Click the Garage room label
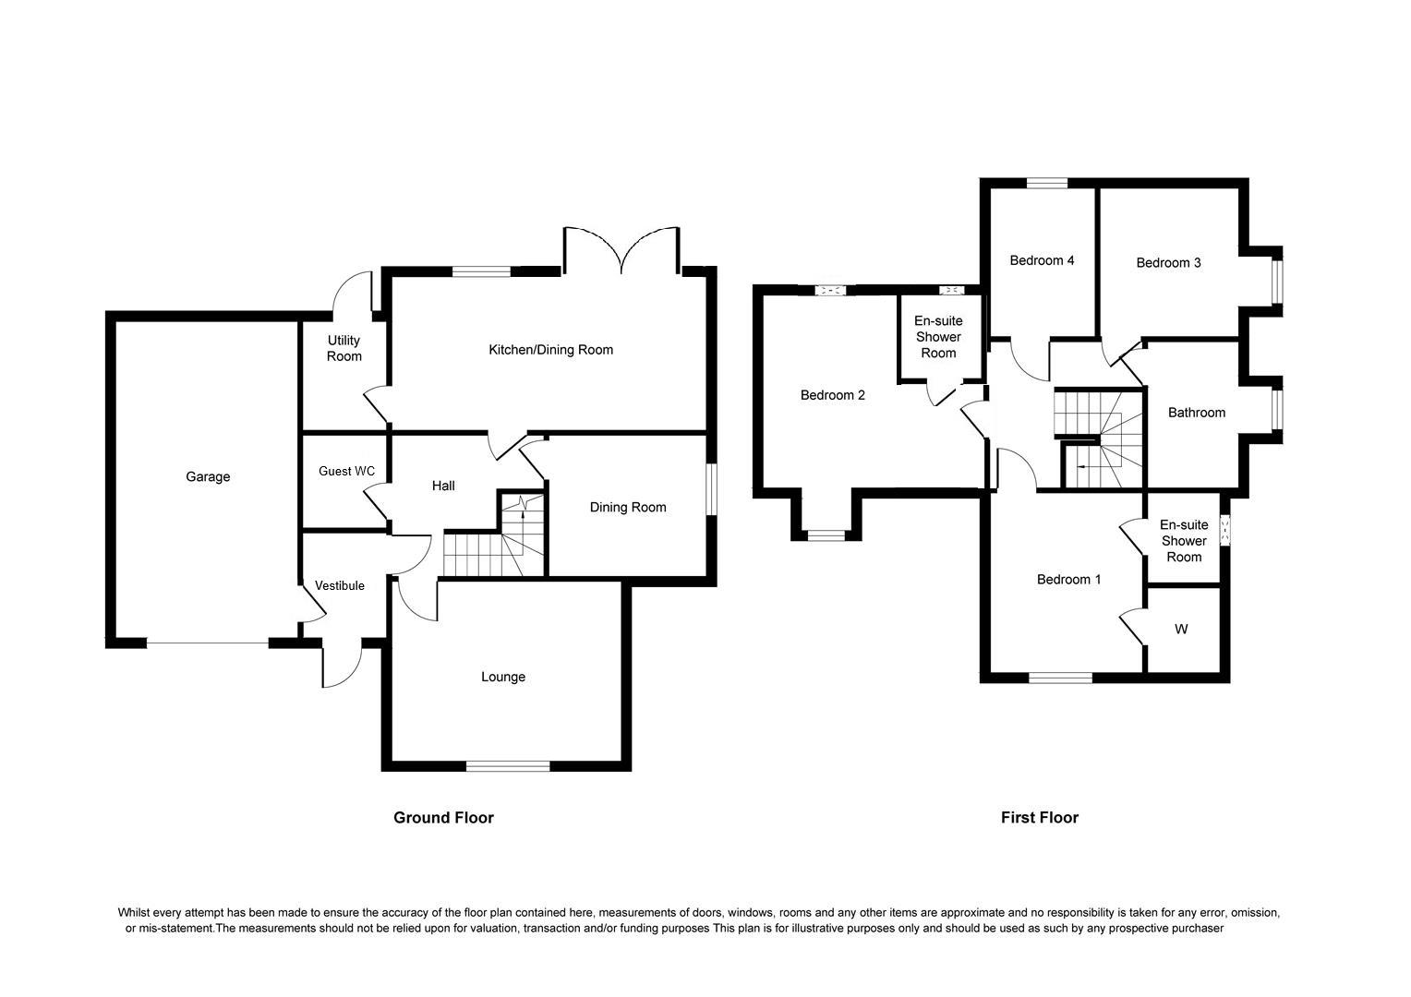click(x=208, y=477)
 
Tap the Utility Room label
click(x=344, y=349)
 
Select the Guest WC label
click(x=346, y=472)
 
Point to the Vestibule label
click(x=340, y=586)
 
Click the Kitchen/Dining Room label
click(x=550, y=350)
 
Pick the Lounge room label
click(x=503, y=678)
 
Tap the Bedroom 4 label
click(x=1042, y=261)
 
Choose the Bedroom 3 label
click(x=1168, y=263)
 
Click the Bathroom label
click(x=1197, y=413)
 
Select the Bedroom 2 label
click(x=833, y=396)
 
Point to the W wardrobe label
click(x=1181, y=630)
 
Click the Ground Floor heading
click(x=443, y=818)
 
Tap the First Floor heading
click(x=1040, y=818)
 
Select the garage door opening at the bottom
click(x=208, y=643)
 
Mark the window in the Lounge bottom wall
click(x=508, y=765)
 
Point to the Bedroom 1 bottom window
click(x=1060, y=679)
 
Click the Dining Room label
click(x=628, y=508)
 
